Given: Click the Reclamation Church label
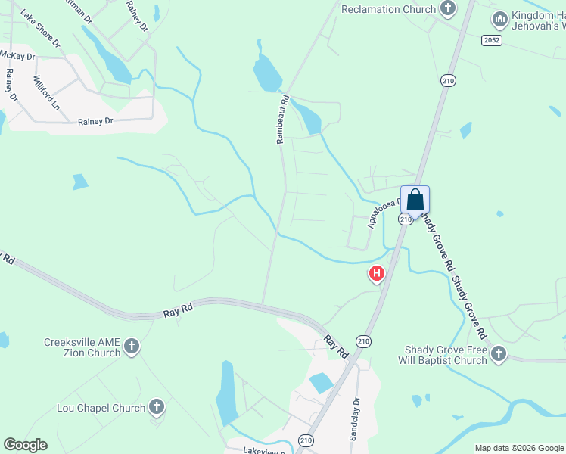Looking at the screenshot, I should (x=388, y=9).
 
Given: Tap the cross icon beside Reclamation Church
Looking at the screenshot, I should (x=448, y=9).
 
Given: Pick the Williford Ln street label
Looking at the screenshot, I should (x=45, y=92).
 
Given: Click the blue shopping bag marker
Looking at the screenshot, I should (x=415, y=201).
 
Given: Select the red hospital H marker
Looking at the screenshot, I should (x=376, y=274).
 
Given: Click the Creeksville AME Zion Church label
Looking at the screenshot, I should (x=82, y=347).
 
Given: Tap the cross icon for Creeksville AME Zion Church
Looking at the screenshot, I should (x=132, y=347).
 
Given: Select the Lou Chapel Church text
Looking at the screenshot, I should (x=101, y=409).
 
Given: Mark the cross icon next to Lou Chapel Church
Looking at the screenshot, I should (x=157, y=409).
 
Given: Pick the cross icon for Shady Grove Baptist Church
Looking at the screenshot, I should (x=498, y=354).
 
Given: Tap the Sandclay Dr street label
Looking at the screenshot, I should (x=353, y=420).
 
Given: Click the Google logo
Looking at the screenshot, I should (x=25, y=445).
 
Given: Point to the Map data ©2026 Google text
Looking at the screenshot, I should (x=519, y=448).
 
